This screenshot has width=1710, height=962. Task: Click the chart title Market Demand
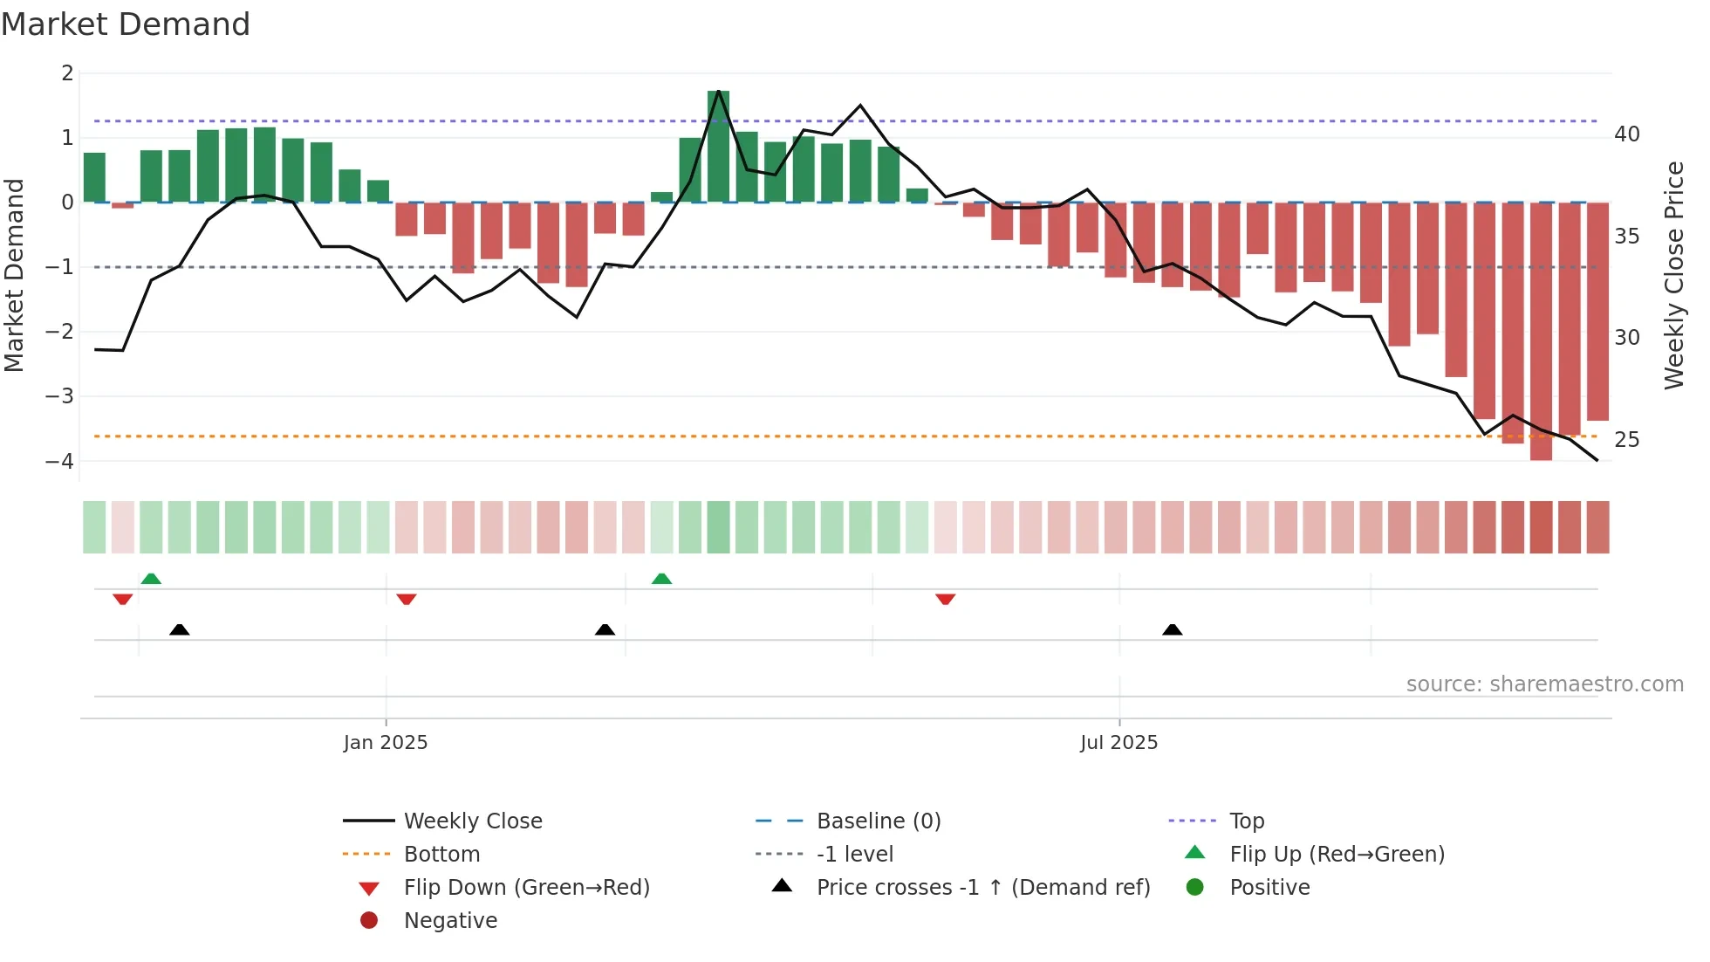[126, 24]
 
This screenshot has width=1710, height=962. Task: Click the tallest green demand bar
[718, 147]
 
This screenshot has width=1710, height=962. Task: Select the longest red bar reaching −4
[1541, 332]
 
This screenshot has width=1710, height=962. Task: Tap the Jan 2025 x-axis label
[386, 743]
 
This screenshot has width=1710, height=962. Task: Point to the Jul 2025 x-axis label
[1118, 743]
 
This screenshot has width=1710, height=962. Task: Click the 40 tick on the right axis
[1626, 134]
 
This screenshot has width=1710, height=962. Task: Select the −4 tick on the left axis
[60, 461]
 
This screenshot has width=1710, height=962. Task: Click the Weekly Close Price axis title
[1673, 275]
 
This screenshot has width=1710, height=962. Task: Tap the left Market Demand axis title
[14, 275]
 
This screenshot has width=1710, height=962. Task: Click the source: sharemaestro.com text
[1544, 684]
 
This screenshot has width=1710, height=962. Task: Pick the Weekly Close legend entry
[472, 821]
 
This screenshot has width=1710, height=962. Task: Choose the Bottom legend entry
[441, 855]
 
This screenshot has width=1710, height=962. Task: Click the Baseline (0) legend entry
[878, 821]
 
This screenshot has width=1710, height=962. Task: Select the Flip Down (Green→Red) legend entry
[526, 888]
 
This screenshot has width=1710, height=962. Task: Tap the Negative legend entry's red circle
[369, 921]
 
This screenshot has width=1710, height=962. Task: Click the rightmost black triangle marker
[1173, 629]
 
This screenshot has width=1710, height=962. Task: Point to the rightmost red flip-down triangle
[945, 599]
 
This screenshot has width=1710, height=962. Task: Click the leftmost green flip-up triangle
[151, 579]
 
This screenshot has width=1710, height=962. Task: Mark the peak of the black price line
[718, 91]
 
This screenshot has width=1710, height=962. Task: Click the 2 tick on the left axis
[67, 73]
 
